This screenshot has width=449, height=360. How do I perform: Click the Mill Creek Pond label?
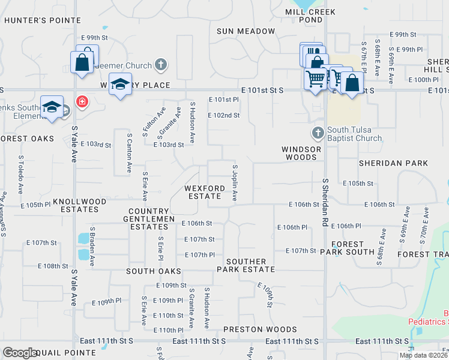[304, 16]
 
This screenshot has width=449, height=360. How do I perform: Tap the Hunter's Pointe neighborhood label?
[42, 20]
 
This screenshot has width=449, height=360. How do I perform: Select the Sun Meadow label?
[246, 31]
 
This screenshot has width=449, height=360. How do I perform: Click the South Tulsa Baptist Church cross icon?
[318, 131]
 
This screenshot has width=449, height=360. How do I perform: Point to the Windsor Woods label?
[300, 153]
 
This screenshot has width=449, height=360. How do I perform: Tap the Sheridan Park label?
[393, 163]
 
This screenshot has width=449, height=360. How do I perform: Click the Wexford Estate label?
[205, 192]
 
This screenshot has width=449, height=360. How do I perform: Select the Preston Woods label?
[260, 329]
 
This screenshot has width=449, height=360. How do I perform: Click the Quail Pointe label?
[67, 353]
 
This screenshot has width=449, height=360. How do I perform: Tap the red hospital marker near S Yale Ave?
[82, 101]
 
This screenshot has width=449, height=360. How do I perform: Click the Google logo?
[20, 353]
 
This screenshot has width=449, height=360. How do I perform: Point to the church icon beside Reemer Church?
[160, 64]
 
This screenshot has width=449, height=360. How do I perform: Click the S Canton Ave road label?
[128, 154]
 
